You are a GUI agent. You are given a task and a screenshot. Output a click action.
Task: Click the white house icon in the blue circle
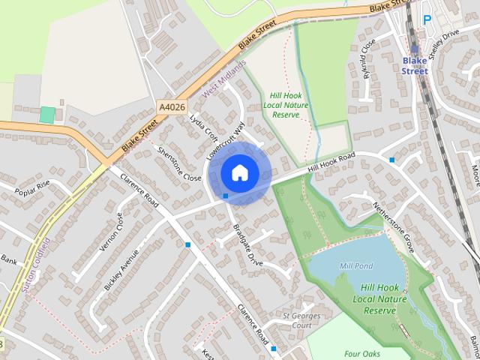pos(239,172)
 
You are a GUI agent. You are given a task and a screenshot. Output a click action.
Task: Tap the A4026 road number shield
pos(171,108)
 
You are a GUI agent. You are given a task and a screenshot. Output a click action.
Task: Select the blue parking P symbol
pos(427,20)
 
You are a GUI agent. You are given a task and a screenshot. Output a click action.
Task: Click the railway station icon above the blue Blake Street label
pos(415,49)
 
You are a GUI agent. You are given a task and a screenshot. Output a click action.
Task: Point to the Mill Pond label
pos(355,265)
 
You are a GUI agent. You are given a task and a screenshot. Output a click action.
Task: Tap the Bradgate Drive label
pos(247,245)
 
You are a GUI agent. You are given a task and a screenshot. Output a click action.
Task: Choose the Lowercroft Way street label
pos(226,142)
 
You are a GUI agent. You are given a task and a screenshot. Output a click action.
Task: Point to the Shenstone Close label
pos(180,163)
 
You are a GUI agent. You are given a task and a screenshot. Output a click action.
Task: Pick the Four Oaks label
pos(362,353)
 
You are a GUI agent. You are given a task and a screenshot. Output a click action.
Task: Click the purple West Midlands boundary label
pos(224,80)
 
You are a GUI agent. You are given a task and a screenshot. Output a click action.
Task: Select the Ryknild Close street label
pos(367,58)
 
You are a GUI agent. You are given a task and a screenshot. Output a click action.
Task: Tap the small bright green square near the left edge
pos(47,115)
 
